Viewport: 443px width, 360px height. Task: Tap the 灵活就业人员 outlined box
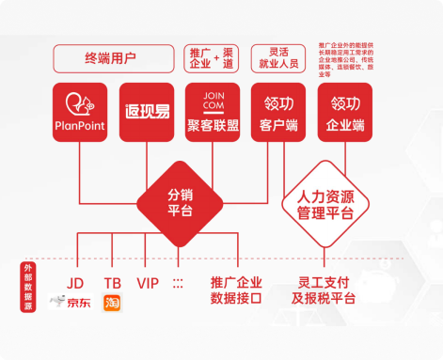coord(279,57)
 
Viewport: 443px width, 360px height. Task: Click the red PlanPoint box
coord(82,112)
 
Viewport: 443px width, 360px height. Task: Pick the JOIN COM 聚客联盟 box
coord(214,112)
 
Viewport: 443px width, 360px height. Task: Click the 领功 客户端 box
coord(279,112)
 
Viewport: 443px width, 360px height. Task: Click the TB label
coord(112,282)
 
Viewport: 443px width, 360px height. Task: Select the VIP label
coord(148,282)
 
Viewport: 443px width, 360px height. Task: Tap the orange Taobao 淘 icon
coord(112,304)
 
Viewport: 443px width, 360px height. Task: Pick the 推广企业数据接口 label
coord(237,290)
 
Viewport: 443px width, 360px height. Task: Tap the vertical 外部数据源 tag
coord(28,288)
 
